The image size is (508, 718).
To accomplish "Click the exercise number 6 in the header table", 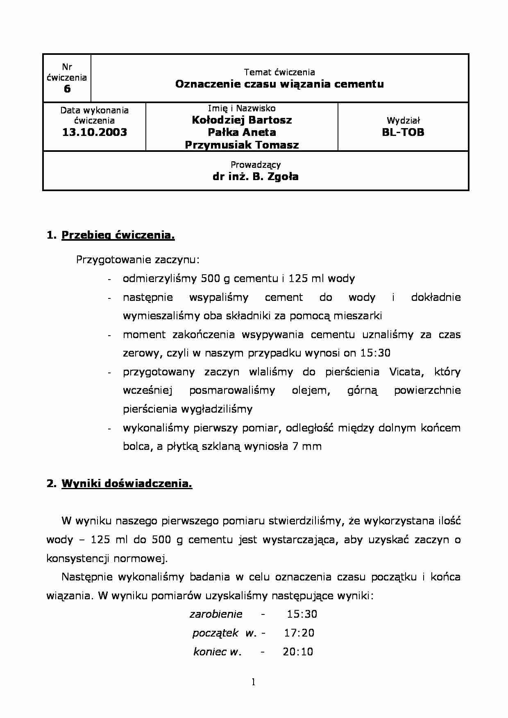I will coord(67,89).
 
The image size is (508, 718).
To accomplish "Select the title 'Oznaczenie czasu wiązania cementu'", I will coord(279,84).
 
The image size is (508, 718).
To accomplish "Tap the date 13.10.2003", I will coord(95,132).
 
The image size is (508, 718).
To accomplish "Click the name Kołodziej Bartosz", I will coord(242,120).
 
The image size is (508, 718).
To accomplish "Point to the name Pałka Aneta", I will coord(242,132).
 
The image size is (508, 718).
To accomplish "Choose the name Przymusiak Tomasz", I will coord(242,145).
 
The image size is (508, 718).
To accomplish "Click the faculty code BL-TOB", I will coord(403,132).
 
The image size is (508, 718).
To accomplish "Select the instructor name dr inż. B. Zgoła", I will coord(255,177).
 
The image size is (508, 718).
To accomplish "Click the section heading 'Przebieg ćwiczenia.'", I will coord(118,235).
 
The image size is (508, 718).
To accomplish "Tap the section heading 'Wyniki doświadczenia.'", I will coord(127,483).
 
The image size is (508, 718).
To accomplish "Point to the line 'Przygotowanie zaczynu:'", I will coord(138,260).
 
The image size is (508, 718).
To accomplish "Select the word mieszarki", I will coord(358,316).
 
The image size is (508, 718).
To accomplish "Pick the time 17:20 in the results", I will coord(299,633).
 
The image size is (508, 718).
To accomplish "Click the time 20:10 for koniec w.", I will coord(298,652).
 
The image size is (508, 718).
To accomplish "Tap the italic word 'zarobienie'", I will coord(216,614).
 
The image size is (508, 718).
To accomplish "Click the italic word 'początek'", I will coord(215,633).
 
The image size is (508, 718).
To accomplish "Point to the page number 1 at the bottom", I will coord(254,682).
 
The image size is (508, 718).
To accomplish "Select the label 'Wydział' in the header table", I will coord(403,121).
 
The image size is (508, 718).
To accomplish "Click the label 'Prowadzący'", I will coord(255,165).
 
